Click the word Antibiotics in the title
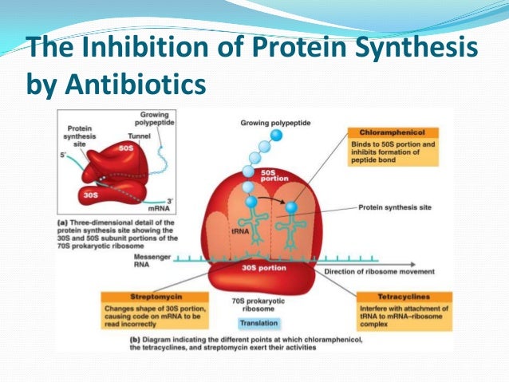point(142,84)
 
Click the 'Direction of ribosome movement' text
point(370,272)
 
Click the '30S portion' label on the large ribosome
point(260,267)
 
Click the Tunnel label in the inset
point(129,136)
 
